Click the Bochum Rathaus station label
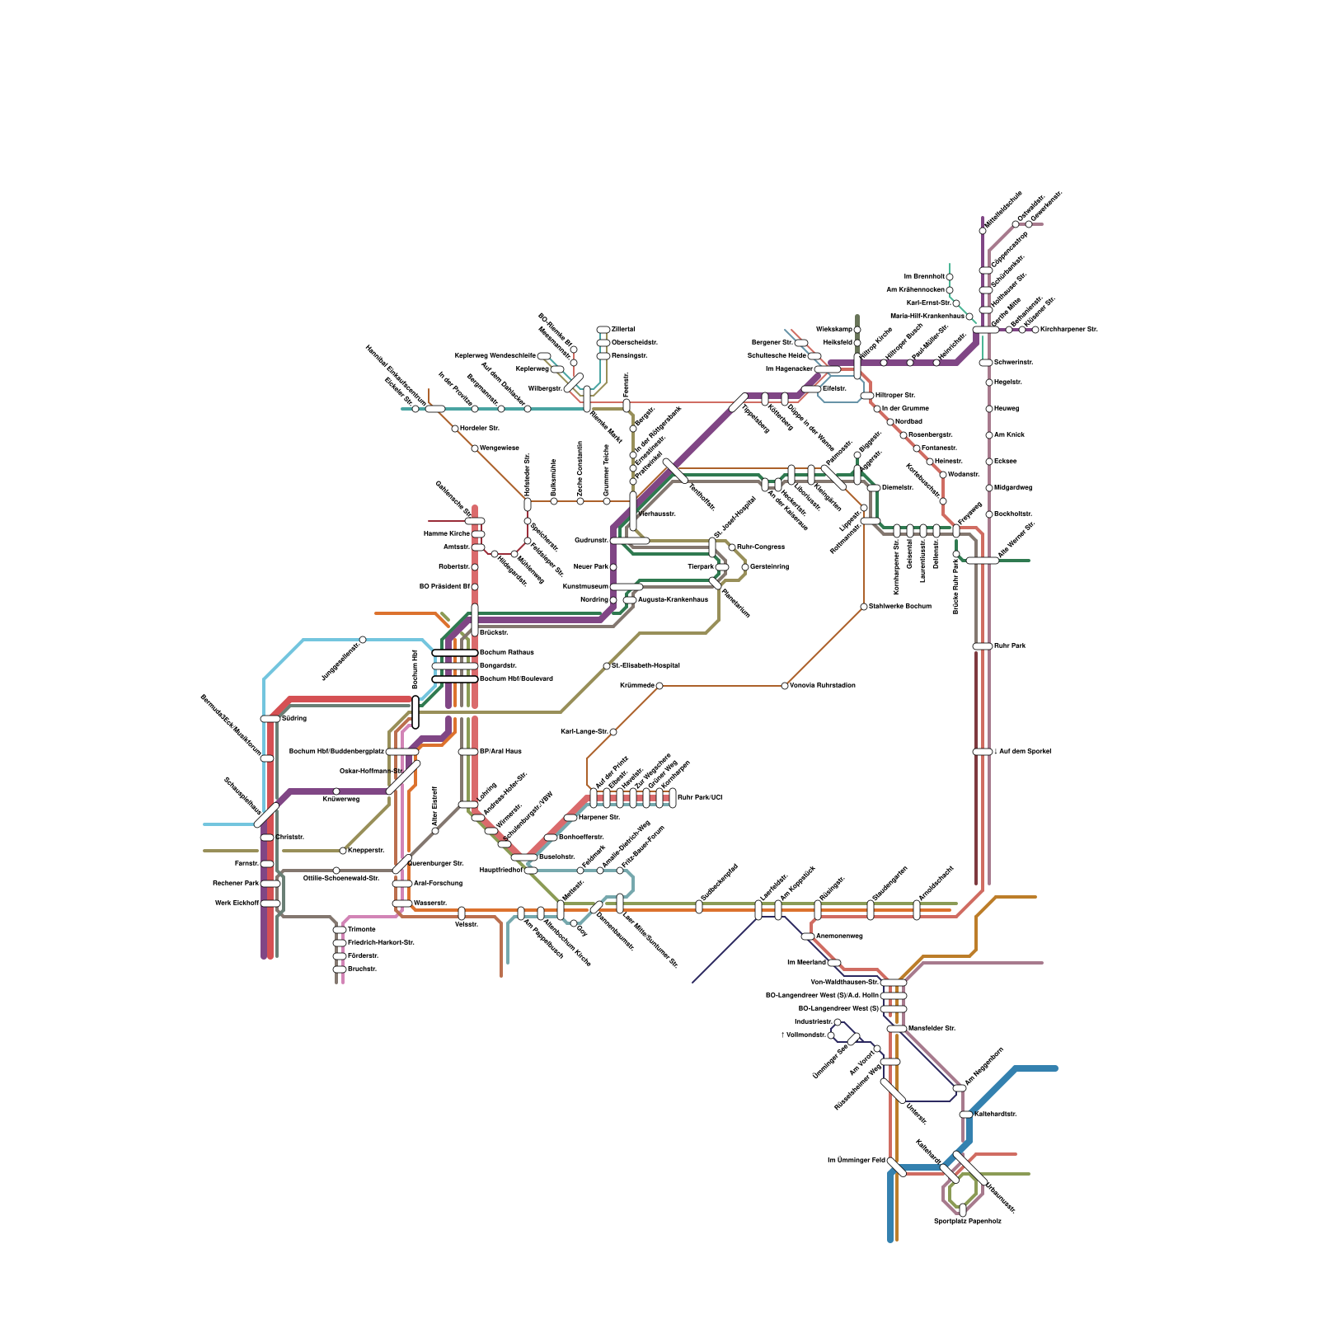[506, 652]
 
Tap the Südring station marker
[270, 719]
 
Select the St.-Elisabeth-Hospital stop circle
[607, 666]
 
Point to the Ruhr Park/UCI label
[699, 797]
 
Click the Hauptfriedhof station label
[500, 870]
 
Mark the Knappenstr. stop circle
[343, 851]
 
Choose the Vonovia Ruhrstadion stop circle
[785, 686]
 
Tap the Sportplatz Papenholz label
[967, 1221]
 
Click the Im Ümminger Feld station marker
[896, 1167]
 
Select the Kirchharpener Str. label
[1069, 329]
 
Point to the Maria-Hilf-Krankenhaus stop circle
[969, 317]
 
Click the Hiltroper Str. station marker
[867, 396]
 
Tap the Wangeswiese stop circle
[475, 448]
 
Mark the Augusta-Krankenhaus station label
[673, 599]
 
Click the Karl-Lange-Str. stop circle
[613, 732]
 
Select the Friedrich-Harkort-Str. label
[381, 942]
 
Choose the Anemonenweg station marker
[808, 936]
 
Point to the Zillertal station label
[623, 329]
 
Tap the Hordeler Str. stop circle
[455, 429]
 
